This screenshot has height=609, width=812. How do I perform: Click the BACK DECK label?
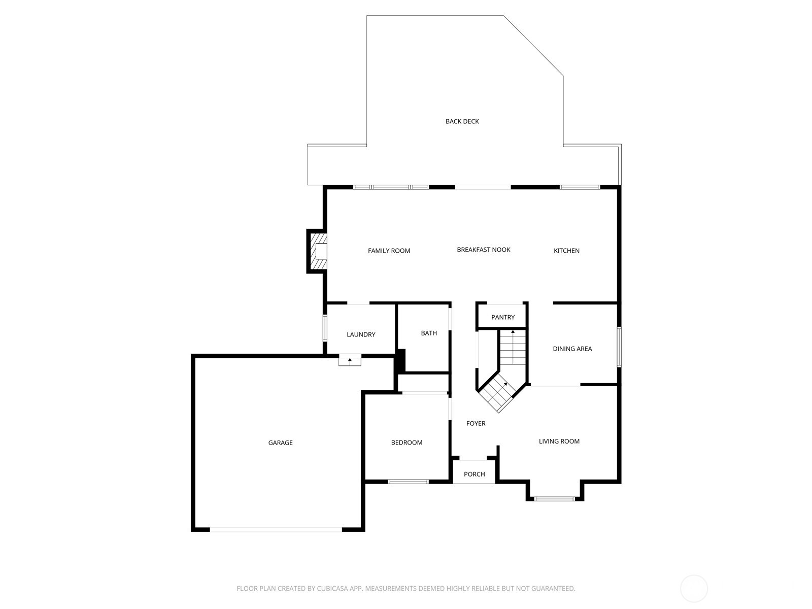coord(462,121)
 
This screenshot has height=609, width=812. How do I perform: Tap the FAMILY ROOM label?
coord(389,251)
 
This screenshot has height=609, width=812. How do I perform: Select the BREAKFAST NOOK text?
coord(483,250)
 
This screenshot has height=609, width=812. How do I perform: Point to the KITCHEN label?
coord(566,251)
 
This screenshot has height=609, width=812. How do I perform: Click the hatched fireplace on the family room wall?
coord(318,252)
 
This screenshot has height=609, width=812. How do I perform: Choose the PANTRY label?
coord(502,317)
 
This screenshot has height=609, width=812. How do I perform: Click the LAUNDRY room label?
coord(361,334)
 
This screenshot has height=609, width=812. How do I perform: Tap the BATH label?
coord(429,333)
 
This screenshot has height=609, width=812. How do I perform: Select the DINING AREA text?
coord(572,349)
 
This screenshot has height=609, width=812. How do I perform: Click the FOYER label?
coord(476,423)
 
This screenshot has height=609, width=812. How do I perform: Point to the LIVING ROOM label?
coord(559,441)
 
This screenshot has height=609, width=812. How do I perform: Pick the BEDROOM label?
coord(407,443)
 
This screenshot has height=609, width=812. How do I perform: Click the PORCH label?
coord(474,474)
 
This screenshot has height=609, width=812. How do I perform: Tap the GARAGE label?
coord(280,443)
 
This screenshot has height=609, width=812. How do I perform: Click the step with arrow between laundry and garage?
coord(350,361)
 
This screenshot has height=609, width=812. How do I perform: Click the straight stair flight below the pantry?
coord(513,348)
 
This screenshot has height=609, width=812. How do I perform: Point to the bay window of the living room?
coord(555,499)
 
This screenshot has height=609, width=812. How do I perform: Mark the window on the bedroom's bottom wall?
coord(408,481)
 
